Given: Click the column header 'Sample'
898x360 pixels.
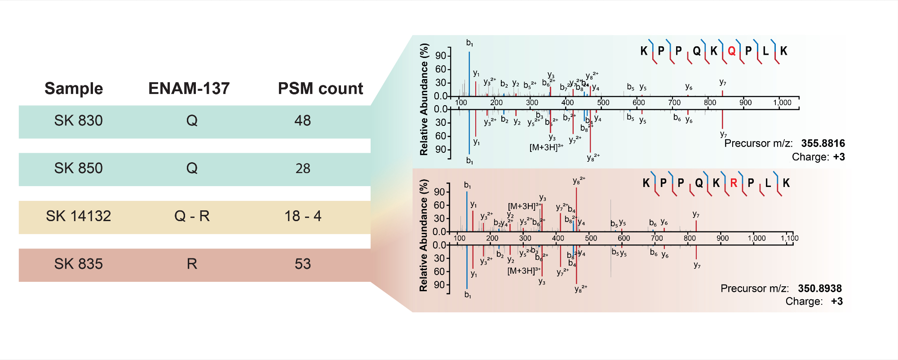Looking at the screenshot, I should click(x=74, y=89).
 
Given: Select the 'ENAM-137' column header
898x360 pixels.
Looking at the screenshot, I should click(x=189, y=89).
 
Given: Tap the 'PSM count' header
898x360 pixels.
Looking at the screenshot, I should click(x=320, y=89).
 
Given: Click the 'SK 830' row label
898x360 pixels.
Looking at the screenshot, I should click(x=78, y=120).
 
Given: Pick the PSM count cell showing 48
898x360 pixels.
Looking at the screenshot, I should click(x=302, y=120).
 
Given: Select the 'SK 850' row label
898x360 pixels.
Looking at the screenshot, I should click(x=78, y=168).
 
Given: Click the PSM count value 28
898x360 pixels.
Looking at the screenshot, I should click(x=302, y=169).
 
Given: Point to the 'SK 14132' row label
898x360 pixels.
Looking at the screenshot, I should click(x=78, y=216).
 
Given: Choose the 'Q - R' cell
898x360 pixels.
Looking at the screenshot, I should click(x=192, y=216).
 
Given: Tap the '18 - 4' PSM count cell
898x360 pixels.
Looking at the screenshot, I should click(x=302, y=216).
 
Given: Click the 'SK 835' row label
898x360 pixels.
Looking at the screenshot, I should click(x=78, y=264).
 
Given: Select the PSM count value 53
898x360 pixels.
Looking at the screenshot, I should click(x=302, y=264).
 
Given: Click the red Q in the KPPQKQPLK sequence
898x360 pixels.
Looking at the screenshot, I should click(x=731, y=51).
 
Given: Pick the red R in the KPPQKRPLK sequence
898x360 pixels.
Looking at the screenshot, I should click(x=734, y=183).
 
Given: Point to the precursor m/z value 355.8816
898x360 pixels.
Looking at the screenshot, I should click(x=823, y=143).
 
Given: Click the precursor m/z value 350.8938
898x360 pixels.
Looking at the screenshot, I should click(x=819, y=289).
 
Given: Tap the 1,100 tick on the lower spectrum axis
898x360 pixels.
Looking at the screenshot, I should click(x=789, y=239).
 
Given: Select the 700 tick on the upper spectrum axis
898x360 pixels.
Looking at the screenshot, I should click(x=674, y=102).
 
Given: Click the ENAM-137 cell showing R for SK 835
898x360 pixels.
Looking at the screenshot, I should click(x=192, y=264).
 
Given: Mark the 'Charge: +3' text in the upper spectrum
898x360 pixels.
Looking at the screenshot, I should click(x=818, y=157).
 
